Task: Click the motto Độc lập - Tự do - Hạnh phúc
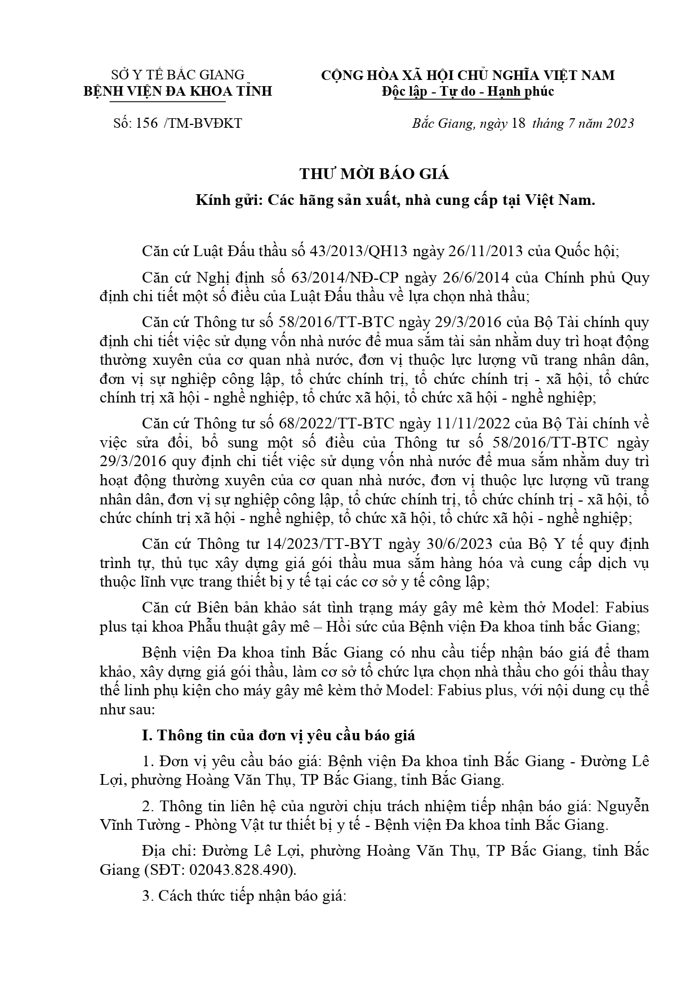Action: (x=468, y=91)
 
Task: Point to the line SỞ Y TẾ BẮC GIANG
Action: (x=178, y=75)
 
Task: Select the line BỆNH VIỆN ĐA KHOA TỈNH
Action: (x=178, y=91)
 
